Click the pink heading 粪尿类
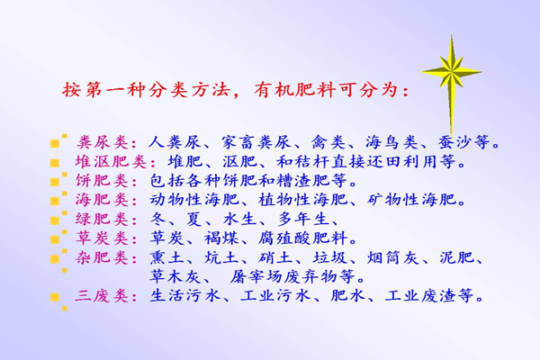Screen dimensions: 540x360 tap(103, 142)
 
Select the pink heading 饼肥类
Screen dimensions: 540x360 tap(103, 181)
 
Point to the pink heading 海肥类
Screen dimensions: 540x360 tap(103, 200)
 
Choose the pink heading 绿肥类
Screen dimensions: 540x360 tap(103, 219)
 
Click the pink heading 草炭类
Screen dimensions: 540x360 tap(103, 238)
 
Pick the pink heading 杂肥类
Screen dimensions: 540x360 tap(103, 257)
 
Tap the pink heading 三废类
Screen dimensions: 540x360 tap(103, 295)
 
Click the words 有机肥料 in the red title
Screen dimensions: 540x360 tap(295, 90)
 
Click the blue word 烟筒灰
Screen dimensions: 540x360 tap(392, 257)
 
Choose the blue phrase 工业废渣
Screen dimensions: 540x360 tap(420, 295)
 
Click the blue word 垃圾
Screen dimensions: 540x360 tap(330, 257)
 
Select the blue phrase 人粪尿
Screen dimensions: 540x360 tap(175, 142)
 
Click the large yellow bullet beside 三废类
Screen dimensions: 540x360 tap(54, 297)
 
